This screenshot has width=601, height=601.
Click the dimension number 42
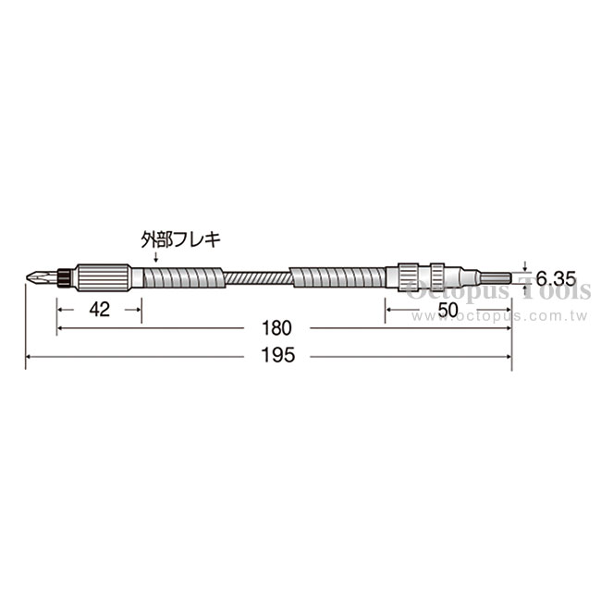pyautogui.click(x=100, y=310)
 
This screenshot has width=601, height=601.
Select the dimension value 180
pyautogui.click(x=276, y=328)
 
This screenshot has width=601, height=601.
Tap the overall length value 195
pyautogui.click(x=278, y=355)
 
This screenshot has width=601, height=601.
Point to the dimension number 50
pyautogui.click(x=448, y=310)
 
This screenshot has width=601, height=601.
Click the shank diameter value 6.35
pyautogui.click(x=556, y=278)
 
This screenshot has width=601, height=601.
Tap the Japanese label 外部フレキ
pyautogui.click(x=180, y=239)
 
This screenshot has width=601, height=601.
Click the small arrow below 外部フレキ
pyautogui.click(x=155, y=257)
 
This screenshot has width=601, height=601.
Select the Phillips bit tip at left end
pyautogui.click(x=42, y=276)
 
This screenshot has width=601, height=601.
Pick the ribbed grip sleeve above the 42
pyautogui.click(x=103, y=277)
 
